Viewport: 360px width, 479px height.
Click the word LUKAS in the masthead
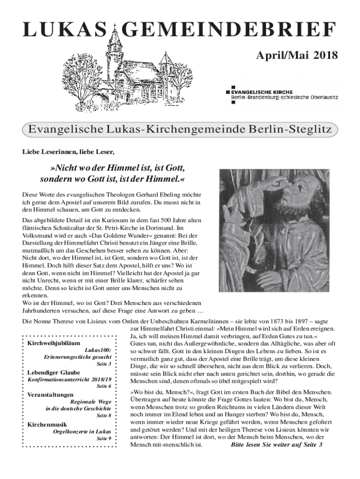[x=64, y=30]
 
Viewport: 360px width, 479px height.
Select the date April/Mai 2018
[x=296, y=57]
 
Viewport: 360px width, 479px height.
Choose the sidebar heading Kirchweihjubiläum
[x=53, y=343]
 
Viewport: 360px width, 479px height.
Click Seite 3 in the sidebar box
[x=103, y=363]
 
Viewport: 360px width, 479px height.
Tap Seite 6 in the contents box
[x=103, y=386]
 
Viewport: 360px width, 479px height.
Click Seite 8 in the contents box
[x=103, y=415]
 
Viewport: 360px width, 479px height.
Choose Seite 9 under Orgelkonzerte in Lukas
[x=103, y=438]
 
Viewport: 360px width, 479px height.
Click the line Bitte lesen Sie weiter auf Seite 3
[x=276, y=444]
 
